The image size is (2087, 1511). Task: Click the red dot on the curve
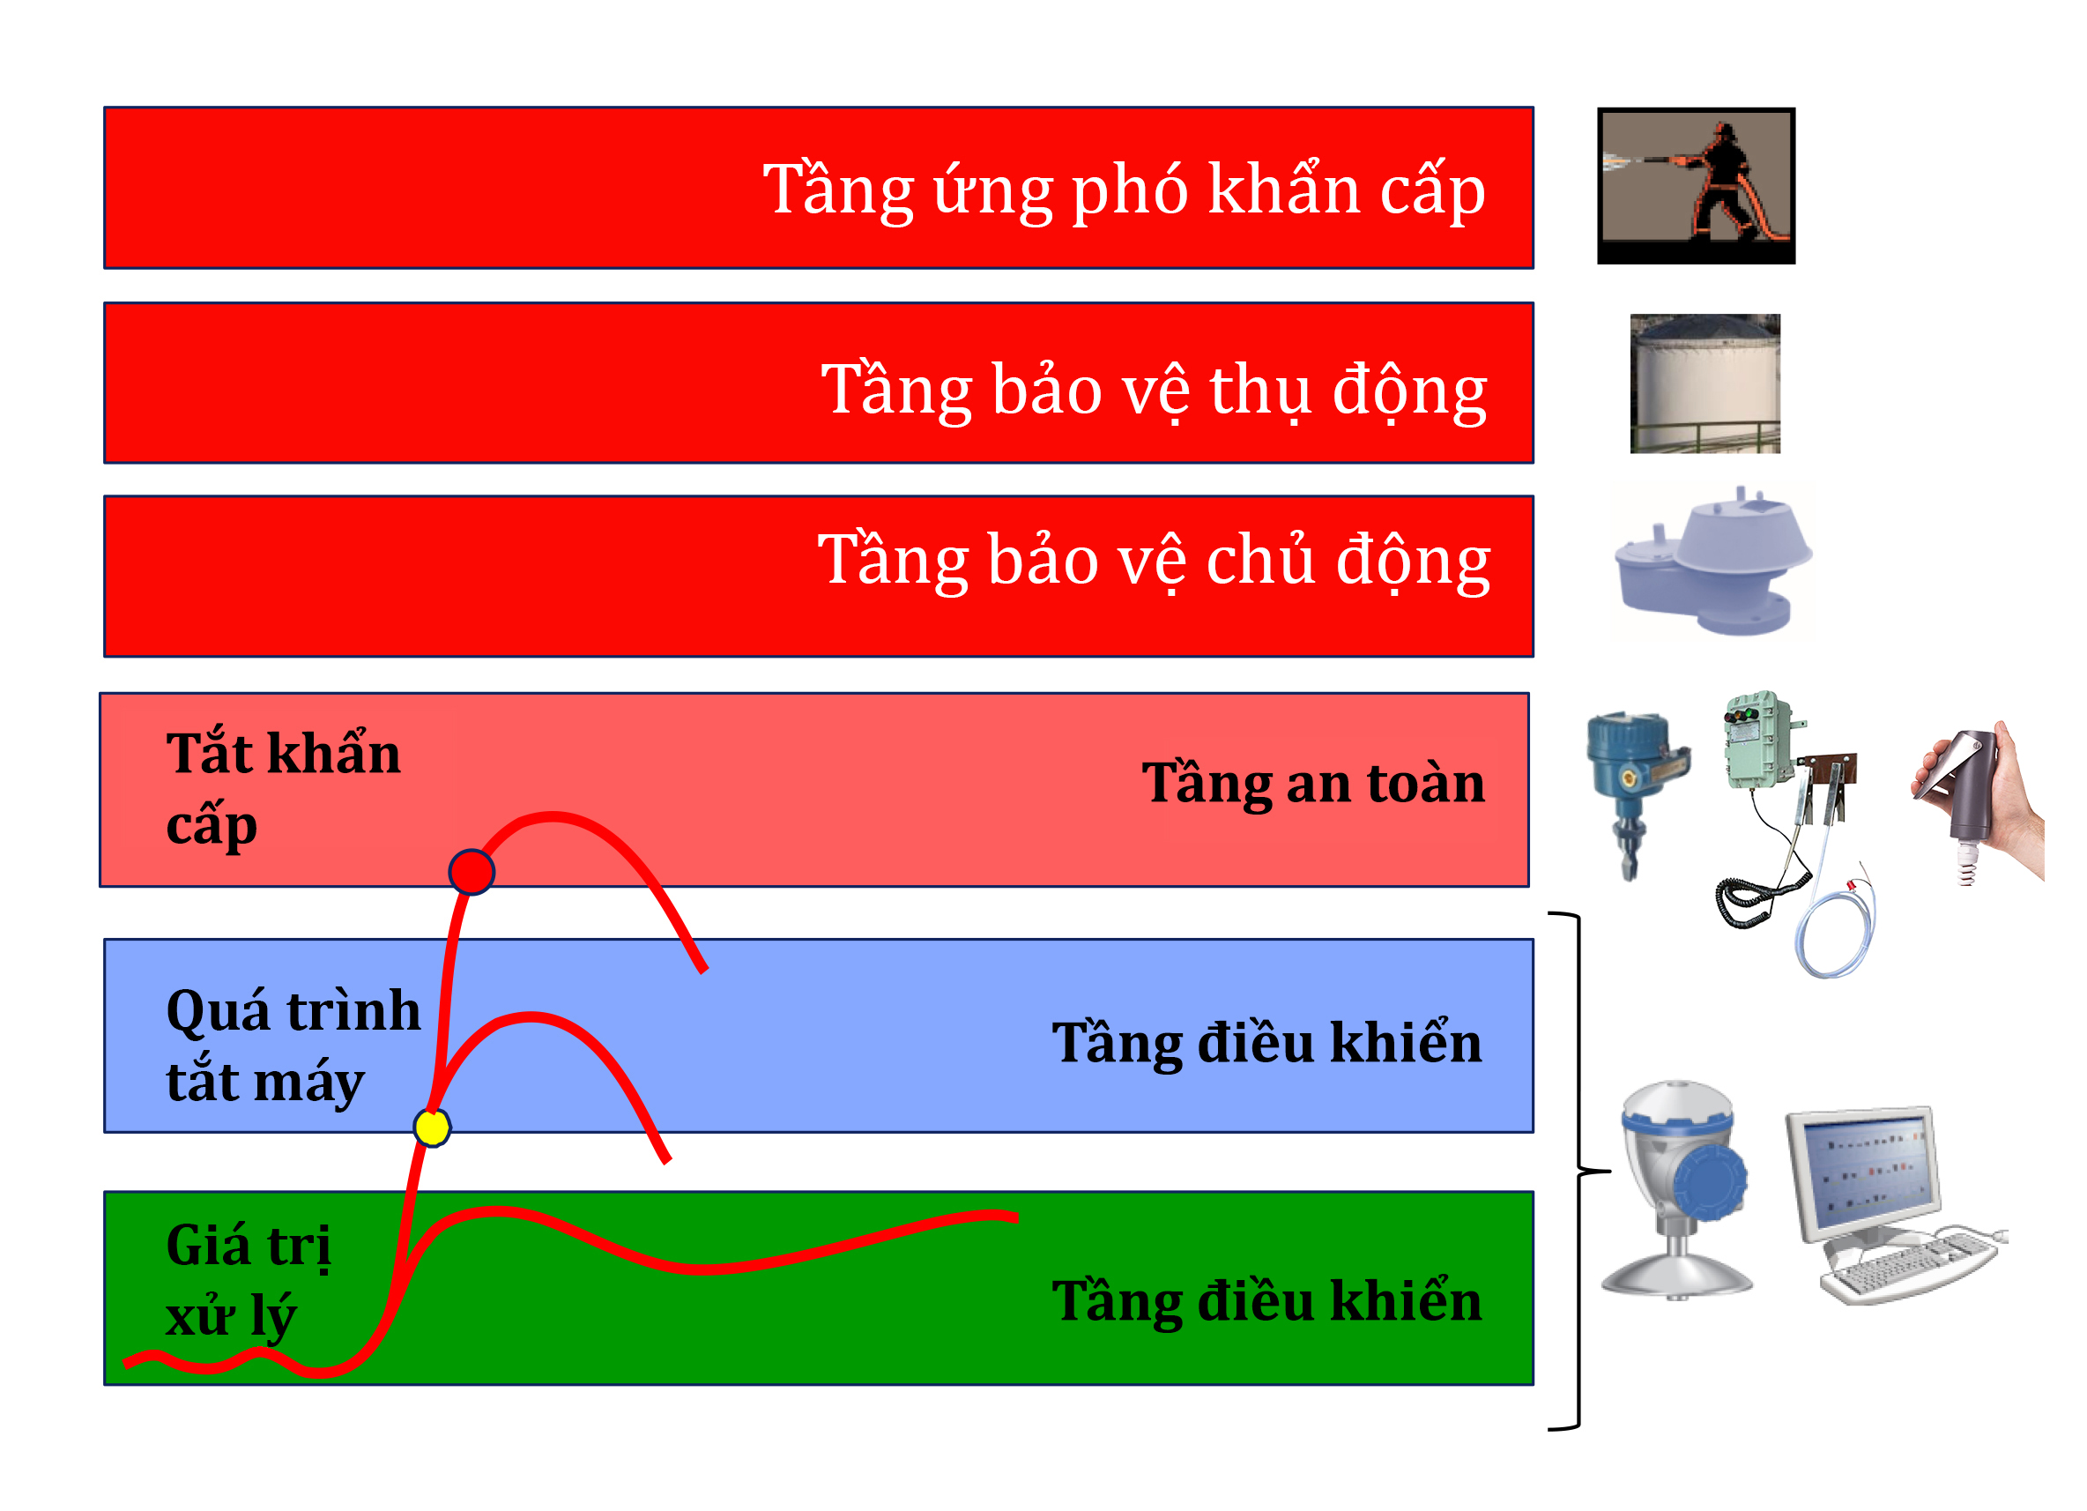pos(472,873)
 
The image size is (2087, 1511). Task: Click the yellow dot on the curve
pos(432,1128)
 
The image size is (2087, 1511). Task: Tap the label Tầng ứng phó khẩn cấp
pos(1124,190)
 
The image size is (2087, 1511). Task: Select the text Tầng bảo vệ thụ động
pos(1153,390)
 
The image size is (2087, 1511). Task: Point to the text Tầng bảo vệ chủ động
pos(1153,560)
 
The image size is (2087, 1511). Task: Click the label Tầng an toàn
pos(1313,783)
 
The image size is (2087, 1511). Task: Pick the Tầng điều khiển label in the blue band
pos(1266,1044)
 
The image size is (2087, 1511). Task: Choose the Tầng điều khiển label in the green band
pos(1266,1301)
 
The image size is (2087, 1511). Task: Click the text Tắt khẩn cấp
pos(283,788)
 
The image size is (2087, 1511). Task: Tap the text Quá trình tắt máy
pos(293,1046)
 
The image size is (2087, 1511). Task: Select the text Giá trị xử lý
pos(248,1280)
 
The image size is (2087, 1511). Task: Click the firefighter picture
pos(1695,186)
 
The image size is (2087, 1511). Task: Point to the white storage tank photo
pos(1705,383)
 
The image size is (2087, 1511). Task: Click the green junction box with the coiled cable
pos(1758,741)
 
